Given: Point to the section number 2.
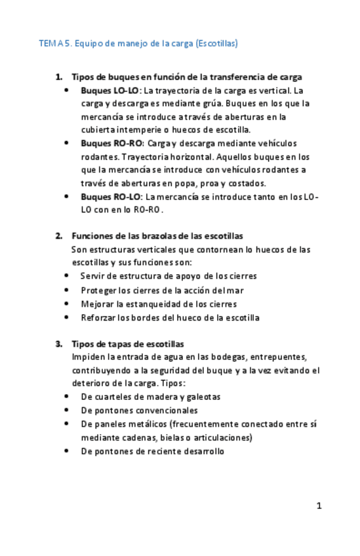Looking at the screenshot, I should (58, 236).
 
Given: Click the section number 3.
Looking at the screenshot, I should (58, 344).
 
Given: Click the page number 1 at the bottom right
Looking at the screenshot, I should (319, 506).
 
